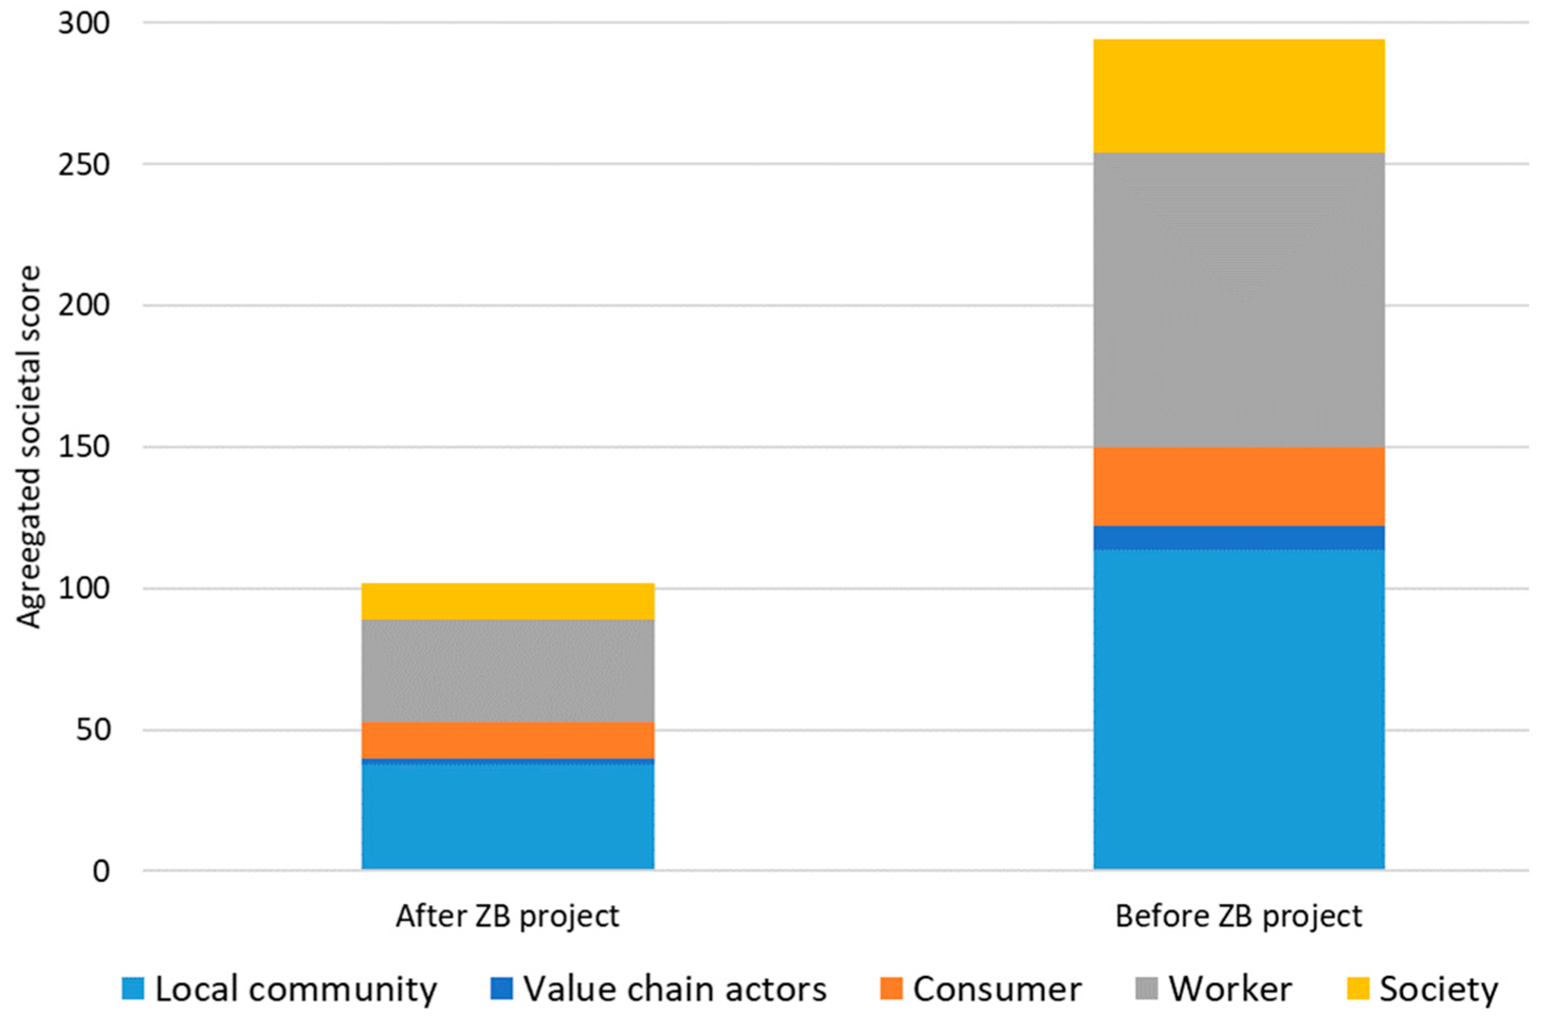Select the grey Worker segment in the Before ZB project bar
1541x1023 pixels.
(x=1238, y=300)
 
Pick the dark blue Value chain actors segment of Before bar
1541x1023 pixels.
(x=1238, y=538)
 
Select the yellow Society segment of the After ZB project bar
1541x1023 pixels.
(x=508, y=601)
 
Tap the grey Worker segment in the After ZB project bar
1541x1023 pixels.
(x=508, y=671)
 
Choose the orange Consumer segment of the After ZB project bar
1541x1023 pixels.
(x=508, y=740)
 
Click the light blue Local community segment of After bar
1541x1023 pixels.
(x=508, y=816)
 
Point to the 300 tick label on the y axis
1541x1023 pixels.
(x=85, y=23)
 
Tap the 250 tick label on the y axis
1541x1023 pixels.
(x=85, y=164)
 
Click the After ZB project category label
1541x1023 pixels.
(x=507, y=917)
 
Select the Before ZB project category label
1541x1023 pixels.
(x=1238, y=917)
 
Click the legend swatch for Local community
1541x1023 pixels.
(x=132, y=989)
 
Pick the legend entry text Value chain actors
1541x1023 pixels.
(x=675, y=989)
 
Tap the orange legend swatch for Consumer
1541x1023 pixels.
(x=891, y=989)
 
